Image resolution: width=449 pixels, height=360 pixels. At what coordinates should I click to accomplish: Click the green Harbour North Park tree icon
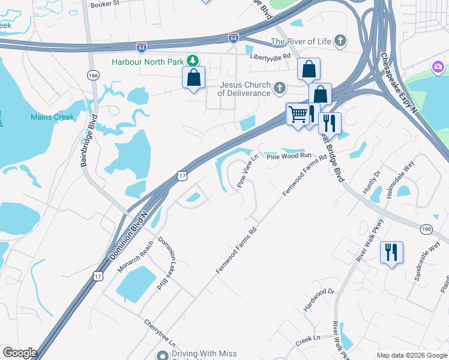pos(192,61)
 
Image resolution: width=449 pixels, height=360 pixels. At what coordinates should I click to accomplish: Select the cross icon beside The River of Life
pos(340,41)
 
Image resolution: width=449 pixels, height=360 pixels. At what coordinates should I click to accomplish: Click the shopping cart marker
pos(297,113)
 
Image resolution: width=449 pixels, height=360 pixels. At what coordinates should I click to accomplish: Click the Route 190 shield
pos(427,229)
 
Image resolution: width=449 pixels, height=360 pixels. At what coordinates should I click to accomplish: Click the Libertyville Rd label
pos(270,56)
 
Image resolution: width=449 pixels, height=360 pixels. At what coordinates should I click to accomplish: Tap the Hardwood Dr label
pos(318,300)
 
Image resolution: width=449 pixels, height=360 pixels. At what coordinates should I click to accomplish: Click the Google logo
pos(19,353)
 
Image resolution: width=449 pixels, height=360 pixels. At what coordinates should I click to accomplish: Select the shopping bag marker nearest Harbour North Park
pos(193,77)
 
